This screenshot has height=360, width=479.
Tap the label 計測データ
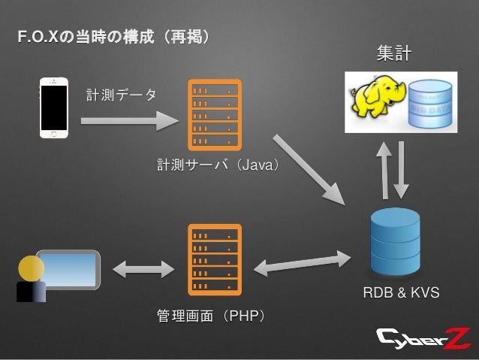(122, 95)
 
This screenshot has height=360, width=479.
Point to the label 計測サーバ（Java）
(218, 164)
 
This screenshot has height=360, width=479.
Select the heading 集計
(393, 54)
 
